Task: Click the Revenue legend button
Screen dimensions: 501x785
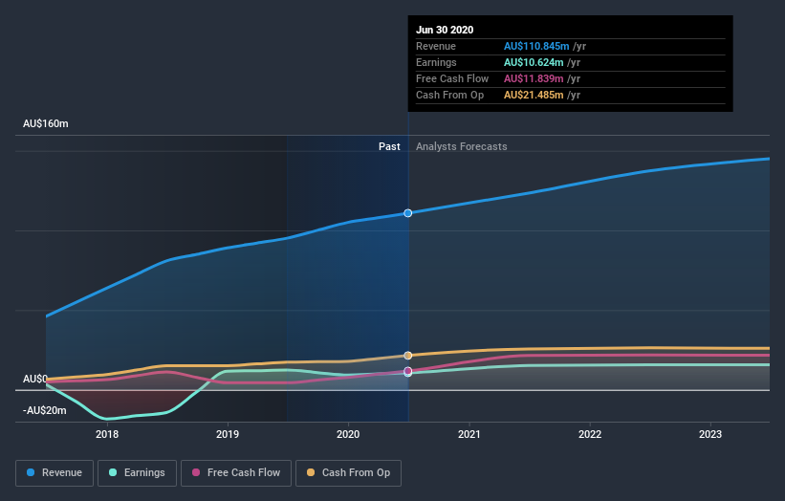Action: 55,472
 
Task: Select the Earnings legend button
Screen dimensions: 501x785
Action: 138,472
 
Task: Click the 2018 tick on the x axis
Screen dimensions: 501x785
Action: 107,433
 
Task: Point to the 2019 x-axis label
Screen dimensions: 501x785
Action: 228,433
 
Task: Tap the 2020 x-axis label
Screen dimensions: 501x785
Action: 348,433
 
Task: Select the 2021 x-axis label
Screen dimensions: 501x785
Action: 469,433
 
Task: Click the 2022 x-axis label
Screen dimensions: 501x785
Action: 590,433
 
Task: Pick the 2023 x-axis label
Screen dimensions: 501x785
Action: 710,433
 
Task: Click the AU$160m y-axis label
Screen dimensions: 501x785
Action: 46,124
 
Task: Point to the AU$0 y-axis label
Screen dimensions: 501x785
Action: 35,380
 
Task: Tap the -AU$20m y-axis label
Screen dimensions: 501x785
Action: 46,410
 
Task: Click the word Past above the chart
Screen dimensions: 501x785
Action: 389,146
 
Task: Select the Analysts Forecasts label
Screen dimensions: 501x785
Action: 462,146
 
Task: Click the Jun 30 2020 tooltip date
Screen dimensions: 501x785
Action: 445,30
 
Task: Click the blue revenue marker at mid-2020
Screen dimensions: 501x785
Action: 408,213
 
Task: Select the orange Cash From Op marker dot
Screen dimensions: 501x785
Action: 408,356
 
